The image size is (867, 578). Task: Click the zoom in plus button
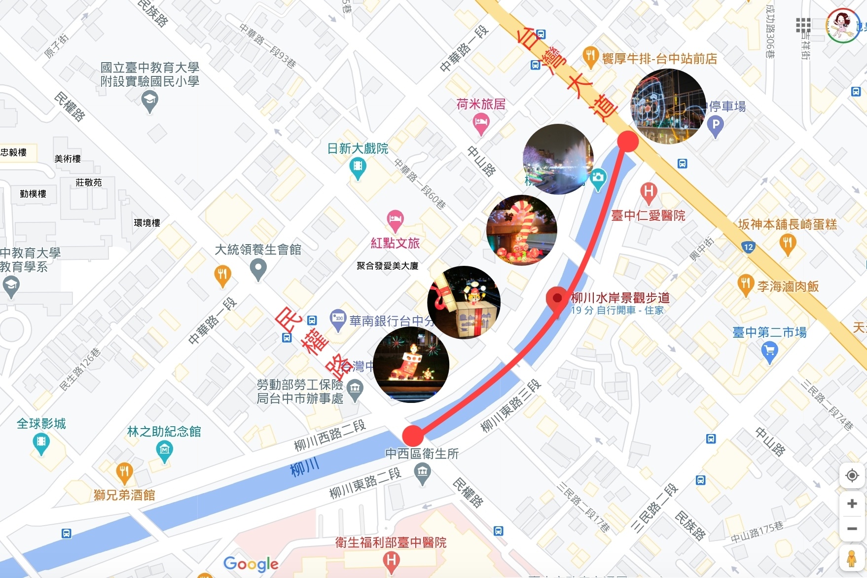[x=852, y=504]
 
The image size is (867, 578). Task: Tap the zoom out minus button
[x=852, y=529]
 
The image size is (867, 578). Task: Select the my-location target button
[x=852, y=475]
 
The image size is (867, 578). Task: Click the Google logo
[x=251, y=563]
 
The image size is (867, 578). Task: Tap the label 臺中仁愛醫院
[x=648, y=216]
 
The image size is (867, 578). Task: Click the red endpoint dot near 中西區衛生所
[x=413, y=435]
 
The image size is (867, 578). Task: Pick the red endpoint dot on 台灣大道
[x=628, y=142]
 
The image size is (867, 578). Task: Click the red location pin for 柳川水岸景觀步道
[x=557, y=299]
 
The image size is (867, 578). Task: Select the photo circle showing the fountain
[x=558, y=159]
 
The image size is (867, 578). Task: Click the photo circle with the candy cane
[x=521, y=230]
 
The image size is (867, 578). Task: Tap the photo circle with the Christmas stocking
[x=411, y=364]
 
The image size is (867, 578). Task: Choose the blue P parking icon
[x=715, y=124]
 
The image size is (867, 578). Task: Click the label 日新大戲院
[x=358, y=148]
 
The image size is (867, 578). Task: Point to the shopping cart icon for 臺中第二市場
[x=769, y=351]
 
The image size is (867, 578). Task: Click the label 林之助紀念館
[x=164, y=432]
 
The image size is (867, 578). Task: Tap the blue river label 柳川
[x=305, y=467]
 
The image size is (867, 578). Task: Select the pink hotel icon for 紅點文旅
[x=395, y=219]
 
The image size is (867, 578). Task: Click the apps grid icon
[x=803, y=25]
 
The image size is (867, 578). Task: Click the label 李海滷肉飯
[x=788, y=287]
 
